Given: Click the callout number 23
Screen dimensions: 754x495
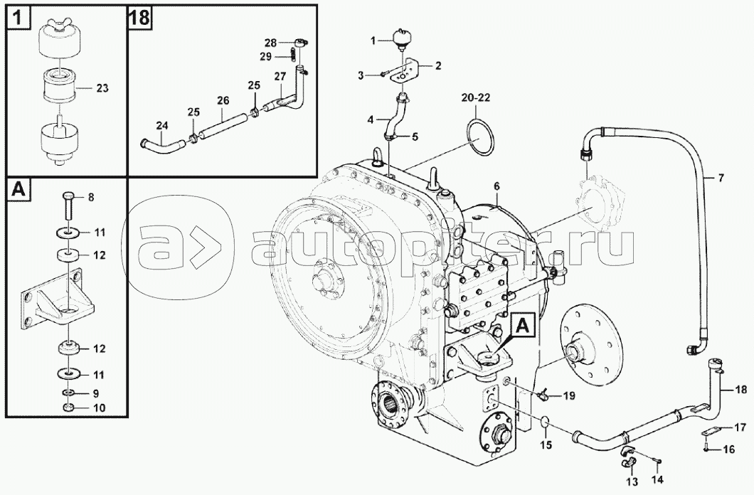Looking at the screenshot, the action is click(x=102, y=88).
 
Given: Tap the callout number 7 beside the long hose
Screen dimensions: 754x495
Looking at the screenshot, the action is click(x=721, y=179).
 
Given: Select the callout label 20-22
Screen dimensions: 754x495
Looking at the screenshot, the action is click(x=476, y=98).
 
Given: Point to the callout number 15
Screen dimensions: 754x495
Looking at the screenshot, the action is click(x=546, y=445).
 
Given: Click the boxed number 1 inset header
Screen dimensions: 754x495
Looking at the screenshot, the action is click(x=17, y=18).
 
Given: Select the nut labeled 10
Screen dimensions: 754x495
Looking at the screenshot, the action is click(x=68, y=408).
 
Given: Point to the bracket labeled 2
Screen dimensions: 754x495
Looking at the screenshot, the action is click(x=404, y=71).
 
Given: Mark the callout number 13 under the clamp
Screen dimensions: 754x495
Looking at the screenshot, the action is click(x=632, y=480).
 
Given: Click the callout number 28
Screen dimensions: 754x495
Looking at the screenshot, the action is click(x=271, y=43).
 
